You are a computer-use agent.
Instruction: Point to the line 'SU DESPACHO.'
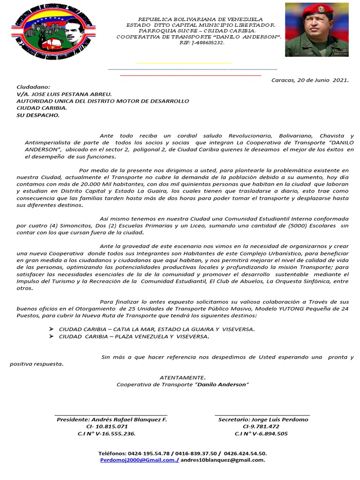38,115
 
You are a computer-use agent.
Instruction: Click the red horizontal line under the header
190,75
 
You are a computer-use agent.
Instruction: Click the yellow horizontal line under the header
183,63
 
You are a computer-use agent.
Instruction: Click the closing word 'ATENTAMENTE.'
182,377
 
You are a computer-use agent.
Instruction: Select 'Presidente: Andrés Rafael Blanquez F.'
112,420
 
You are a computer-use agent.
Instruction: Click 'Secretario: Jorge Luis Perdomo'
263,420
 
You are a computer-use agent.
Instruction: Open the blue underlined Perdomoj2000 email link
139,460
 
